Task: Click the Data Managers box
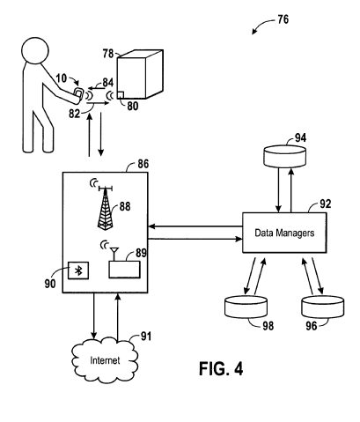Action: click(284, 233)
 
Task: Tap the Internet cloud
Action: click(105, 360)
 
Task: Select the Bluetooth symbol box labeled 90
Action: click(78, 270)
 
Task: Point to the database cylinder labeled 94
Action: click(284, 156)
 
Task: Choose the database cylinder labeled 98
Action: click(246, 307)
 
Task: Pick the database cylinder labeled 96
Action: click(323, 307)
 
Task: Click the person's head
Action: click(35, 50)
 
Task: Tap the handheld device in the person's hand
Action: click(78, 94)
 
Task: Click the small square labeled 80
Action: click(121, 94)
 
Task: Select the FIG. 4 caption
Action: click(221, 368)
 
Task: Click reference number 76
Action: click(283, 19)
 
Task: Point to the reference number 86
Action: click(143, 164)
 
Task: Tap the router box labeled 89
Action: click(124, 270)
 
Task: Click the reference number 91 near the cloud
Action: click(146, 337)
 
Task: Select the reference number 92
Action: click(325, 204)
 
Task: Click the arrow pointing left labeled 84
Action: click(97, 88)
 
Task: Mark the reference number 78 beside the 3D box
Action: click(107, 54)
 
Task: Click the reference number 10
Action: click(62, 78)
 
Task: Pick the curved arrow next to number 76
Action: click(262, 24)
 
